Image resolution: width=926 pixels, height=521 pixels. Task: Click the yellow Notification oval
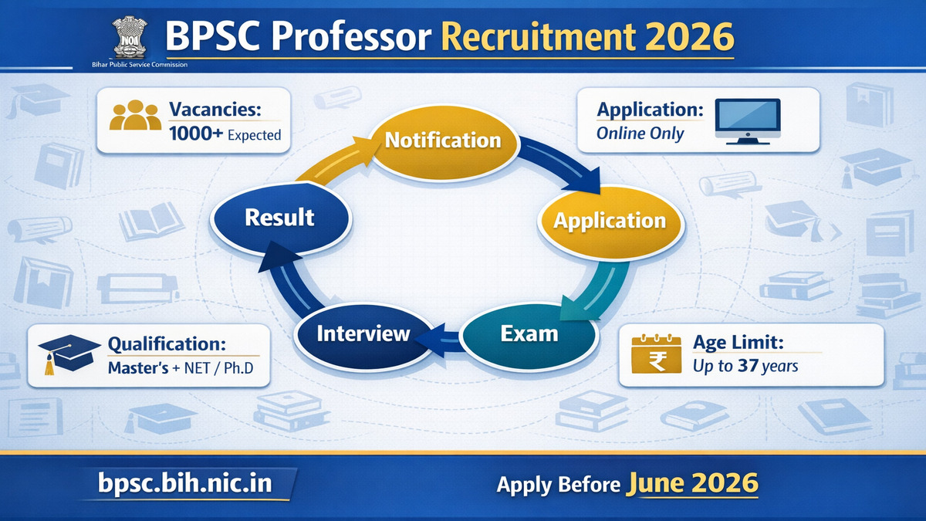[x=443, y=140]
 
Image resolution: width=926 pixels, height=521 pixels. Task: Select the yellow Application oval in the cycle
[x=609, y=221]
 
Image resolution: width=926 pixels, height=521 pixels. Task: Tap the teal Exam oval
[x=529, y=334]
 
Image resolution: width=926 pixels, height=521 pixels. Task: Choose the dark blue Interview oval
[x=363, y=334]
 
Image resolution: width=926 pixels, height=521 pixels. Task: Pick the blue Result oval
[x=279, y=218]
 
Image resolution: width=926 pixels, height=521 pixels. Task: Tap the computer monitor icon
[x=747, y=120]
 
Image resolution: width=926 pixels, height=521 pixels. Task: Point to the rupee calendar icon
[x=655, y=356]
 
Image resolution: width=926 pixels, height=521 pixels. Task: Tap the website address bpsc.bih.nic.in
[x=185, y=484]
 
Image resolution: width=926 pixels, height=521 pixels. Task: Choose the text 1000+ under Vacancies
[x=196, y=134]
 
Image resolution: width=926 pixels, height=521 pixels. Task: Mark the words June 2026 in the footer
[x=692, y=484]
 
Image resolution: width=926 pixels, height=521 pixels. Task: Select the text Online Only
[x=640, y=133]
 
